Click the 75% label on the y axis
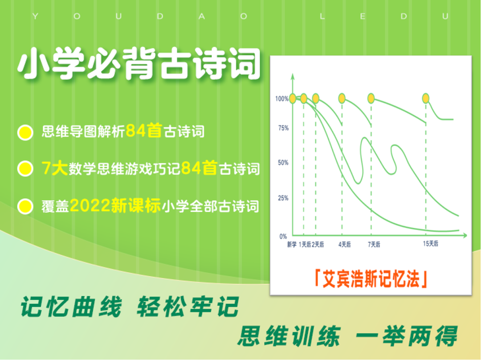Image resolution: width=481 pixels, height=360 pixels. click(283, 128)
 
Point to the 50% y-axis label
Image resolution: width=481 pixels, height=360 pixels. click(283, 162)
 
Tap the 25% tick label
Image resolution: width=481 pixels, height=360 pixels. click(283, 198)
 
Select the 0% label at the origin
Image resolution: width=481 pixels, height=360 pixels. click(283, 236)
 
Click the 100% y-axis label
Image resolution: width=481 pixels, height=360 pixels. click(281, 98)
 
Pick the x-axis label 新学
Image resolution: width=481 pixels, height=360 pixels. click(292, 244)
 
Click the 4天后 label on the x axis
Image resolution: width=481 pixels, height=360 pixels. click(344, 244)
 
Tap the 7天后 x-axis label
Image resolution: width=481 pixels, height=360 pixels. click(374, 244)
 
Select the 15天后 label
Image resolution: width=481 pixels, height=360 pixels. click(430, 244)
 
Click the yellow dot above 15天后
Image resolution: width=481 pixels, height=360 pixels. click(425, 98)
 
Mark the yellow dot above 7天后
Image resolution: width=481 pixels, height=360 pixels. click(371, 98)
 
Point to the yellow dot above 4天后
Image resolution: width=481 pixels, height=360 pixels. click(342, 98)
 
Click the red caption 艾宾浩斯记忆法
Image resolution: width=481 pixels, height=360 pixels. click(371, 279)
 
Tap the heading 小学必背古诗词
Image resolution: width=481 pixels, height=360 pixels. click(139, 64)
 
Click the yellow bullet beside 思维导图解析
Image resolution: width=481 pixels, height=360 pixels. click(25, 133)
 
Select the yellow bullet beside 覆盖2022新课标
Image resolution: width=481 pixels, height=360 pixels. click(25, 206)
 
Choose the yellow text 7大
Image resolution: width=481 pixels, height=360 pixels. click(55, 168)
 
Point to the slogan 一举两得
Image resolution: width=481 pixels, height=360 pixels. click(407, 336)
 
